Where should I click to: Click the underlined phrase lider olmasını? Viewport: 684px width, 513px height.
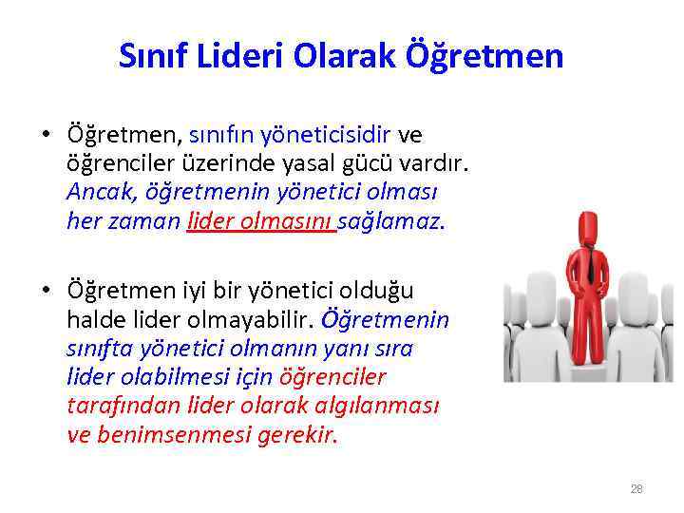coord(261,221)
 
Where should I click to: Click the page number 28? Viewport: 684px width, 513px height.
coord(636,489)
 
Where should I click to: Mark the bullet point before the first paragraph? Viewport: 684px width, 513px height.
coord(45,134)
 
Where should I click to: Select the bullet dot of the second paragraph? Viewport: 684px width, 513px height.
coord(45,290)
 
